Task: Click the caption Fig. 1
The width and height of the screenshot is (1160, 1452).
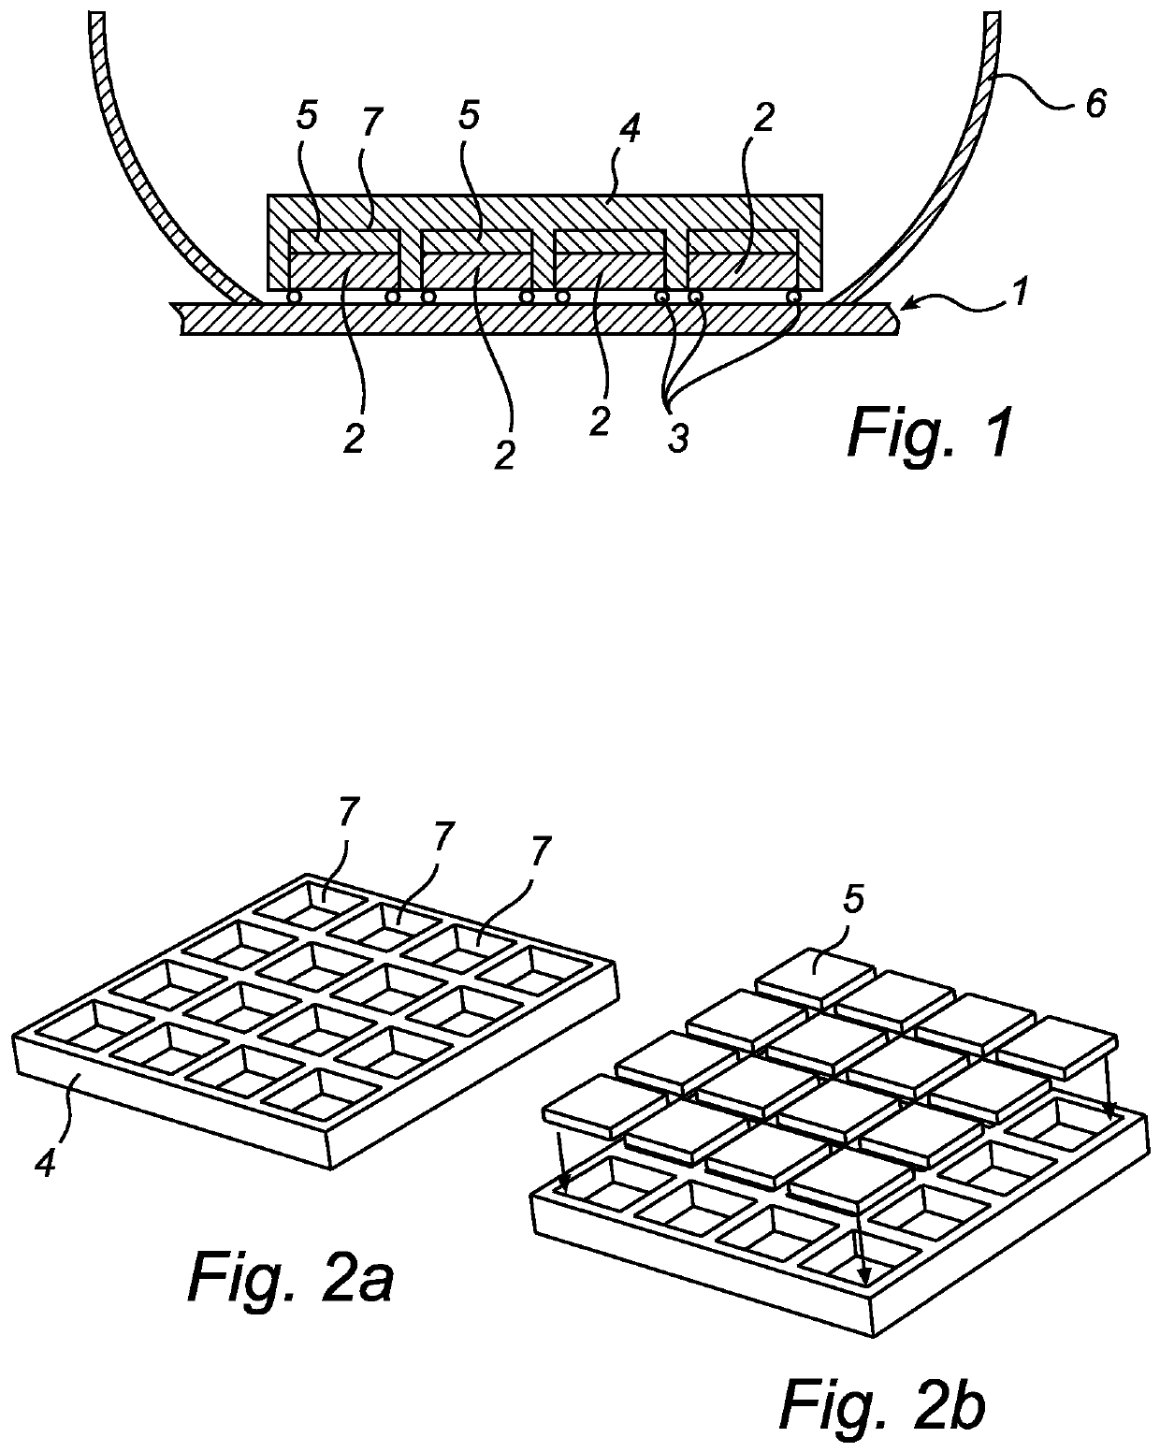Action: [x=930, y=434]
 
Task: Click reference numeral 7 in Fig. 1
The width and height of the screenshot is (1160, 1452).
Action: [x=371, y=123]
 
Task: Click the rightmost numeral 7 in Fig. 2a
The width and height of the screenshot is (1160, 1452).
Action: [x=541, y=851]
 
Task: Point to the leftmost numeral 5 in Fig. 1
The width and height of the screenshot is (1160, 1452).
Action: [x=306, y=117]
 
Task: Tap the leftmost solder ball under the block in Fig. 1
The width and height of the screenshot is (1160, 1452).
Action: [x=294, y=297]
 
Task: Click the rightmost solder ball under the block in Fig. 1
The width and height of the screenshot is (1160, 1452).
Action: [x=794, y=297]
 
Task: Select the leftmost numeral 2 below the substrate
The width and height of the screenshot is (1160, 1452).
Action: [x=353, y=439]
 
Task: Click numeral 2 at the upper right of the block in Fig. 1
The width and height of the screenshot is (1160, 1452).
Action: [x=762, y=118]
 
